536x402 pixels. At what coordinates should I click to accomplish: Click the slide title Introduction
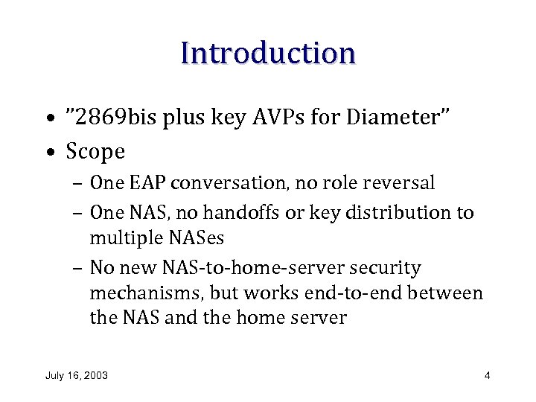tap(268, 53)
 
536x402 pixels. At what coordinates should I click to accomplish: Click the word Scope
tap(95, 152)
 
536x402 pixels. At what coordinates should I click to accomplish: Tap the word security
tap(386, 268)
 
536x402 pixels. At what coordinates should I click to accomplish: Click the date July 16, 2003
tap(77, 375)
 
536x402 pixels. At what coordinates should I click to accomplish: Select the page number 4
tap(487, 375)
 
